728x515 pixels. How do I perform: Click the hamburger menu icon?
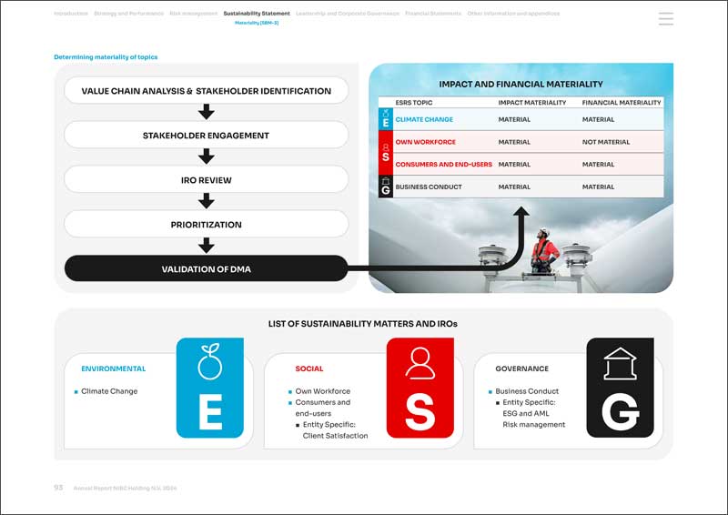click(x=665, y=19)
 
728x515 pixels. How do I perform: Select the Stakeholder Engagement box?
click(x=206, y=136)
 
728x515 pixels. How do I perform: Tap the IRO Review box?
click(x=206, y=180)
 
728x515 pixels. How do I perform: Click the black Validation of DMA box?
click(x=206, y=268)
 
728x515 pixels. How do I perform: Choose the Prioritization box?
click(x=206, y=224)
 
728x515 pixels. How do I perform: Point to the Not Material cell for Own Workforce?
click(x=605, y=142)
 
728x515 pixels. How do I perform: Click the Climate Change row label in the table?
click(x=424, y=119)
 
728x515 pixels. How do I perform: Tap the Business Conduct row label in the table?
click(x=429, y=187)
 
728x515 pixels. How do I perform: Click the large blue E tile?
click(x=210, y=388)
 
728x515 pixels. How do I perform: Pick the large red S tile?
click(x=420, y=388)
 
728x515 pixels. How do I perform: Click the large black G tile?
click(x=620, y=388)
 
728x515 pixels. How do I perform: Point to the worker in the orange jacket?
click(x=542, y=249)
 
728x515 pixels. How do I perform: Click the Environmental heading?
click(x=113, y=369)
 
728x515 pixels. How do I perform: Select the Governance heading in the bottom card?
click(x=521, y=369)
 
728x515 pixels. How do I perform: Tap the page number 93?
click(x=58, y=488)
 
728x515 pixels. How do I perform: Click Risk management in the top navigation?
click(x=194, y=14)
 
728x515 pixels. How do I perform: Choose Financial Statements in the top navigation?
click(x=433, y=14)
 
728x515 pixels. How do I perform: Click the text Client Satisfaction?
click(x=335, y=436)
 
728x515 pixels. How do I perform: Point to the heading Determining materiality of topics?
click(x=106, y=57)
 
